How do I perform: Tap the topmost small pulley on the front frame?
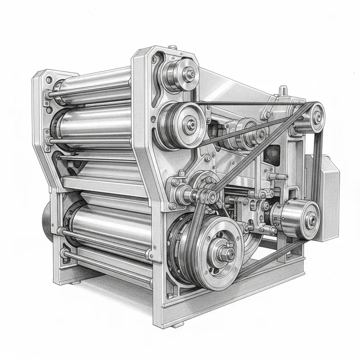180,72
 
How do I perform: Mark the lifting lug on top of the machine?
282,91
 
